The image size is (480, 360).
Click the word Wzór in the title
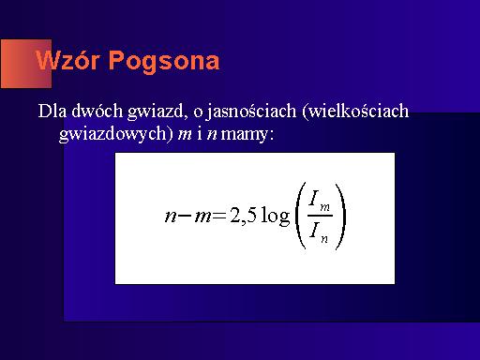67,59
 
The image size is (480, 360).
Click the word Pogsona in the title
164,62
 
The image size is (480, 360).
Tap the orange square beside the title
26,64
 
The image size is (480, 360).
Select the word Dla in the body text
52,111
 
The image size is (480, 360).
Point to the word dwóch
97,111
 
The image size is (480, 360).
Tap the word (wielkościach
355,112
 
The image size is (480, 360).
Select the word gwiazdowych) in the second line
116,134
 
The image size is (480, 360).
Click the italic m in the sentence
185,135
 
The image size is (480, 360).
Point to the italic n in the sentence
212,135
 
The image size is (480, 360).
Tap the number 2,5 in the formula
243,216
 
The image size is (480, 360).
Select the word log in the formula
276,216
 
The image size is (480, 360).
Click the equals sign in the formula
219,216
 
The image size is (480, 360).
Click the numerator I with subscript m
319,201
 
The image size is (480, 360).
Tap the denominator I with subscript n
319,232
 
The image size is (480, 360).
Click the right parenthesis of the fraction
340,216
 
